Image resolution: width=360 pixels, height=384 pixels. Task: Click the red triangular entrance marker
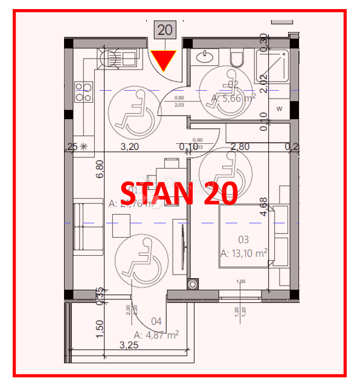(163, 60)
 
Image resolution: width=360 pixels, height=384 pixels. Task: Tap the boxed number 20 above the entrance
(164, 29)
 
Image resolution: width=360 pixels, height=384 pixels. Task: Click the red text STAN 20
(178, 194)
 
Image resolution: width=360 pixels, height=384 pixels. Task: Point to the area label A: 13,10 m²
(245, 253)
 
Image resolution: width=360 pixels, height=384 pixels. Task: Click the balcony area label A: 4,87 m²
(156, 334)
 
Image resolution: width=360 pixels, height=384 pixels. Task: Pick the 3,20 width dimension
(130, 146)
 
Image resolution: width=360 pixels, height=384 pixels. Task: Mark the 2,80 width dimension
(240, 146)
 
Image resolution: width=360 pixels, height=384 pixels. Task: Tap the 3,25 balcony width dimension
(130, 345)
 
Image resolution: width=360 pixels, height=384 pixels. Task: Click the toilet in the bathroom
(237, 58)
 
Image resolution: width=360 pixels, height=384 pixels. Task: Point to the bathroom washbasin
(207, 57)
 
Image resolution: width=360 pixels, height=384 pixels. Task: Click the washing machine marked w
(279, 109)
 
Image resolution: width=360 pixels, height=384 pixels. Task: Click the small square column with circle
(193, 283)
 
